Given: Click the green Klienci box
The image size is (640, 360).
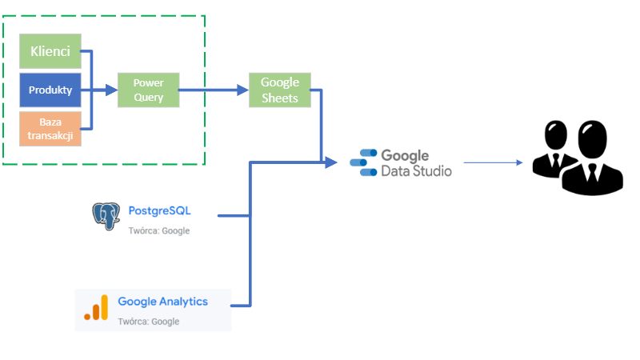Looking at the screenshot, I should pos(50,52).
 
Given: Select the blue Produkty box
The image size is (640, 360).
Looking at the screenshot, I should pos(50,90).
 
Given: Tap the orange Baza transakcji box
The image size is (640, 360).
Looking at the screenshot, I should pos(50,129).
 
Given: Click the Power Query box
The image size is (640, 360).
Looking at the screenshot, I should pos(148,90).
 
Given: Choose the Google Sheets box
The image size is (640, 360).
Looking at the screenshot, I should pos(280,90).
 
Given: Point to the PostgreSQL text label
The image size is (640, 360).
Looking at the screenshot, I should pos(159,211).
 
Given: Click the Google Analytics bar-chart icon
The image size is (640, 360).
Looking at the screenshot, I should pos(95,308).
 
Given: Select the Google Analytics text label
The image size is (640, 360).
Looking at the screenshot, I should pos(162,302).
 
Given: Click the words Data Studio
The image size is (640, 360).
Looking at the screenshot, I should pos(416,171).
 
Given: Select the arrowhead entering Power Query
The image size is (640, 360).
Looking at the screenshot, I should pos(111,90).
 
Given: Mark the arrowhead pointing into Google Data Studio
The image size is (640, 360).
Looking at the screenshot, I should pos(331,162).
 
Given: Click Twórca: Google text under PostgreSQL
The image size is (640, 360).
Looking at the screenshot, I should pos(158,230).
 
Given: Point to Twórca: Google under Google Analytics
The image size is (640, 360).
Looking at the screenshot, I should pos(148,322).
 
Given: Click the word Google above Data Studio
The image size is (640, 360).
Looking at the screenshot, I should pos(405,156).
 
